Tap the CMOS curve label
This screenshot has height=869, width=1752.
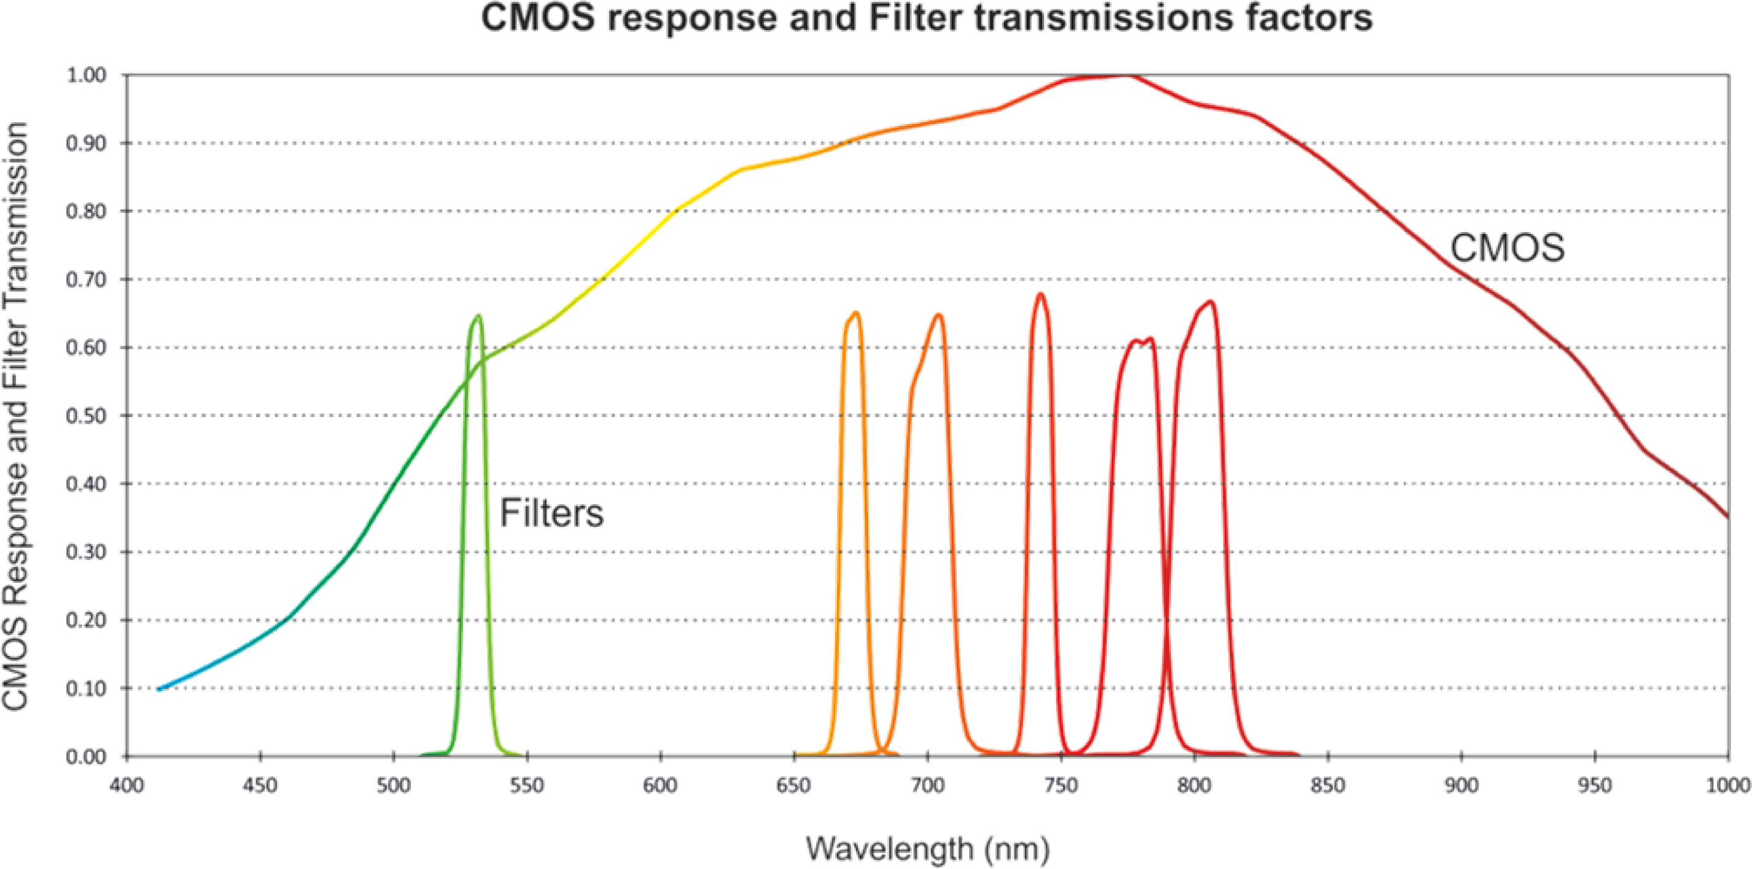(x=1507, y=248)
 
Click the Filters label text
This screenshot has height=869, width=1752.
(x=551, y=513)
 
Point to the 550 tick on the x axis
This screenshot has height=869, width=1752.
(x=526, y=786)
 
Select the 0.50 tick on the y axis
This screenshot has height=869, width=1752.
(x=87, y=415)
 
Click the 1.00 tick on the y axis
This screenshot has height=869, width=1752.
(x=87, y=75)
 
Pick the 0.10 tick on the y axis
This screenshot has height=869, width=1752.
(x=87, y=688)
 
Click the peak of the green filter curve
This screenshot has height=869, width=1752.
(x=478, y=316)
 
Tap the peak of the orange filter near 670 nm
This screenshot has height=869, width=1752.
(x=855, y=313)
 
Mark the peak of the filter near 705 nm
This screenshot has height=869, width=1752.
(x=938, y=314)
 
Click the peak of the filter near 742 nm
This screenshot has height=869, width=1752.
(x=1040, y=294)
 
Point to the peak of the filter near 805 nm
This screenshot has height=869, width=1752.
(x=1210, y=302)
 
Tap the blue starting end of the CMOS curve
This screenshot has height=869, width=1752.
(x=159, y=689)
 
